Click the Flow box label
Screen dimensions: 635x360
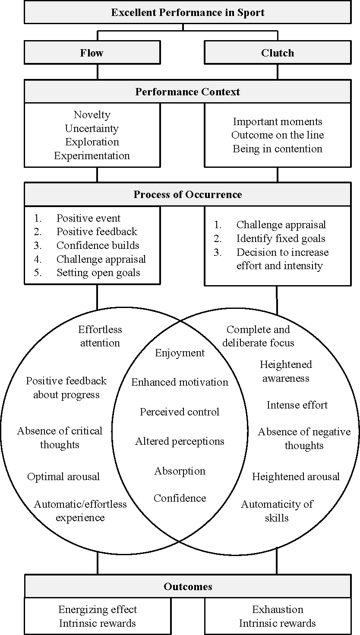92,53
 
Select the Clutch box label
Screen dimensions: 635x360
278,53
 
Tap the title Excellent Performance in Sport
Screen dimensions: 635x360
187,13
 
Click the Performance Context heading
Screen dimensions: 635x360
187,91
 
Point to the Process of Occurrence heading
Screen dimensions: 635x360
187,194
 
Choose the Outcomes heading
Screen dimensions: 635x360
187,586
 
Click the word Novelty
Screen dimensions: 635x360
92,115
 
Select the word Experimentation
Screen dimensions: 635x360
92,156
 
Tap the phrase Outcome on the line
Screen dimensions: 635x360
278,135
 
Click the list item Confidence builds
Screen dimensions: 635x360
98,245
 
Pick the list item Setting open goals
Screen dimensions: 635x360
98,273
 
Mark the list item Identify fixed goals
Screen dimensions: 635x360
281,239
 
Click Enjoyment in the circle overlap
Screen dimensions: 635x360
180,353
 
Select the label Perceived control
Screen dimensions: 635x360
180,412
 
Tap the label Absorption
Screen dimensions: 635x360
180,471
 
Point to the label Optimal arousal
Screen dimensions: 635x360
63,477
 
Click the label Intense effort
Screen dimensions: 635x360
297,405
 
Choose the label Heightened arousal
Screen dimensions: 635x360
296,477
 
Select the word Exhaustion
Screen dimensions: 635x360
278,610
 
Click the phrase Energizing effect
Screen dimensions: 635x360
98,610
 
